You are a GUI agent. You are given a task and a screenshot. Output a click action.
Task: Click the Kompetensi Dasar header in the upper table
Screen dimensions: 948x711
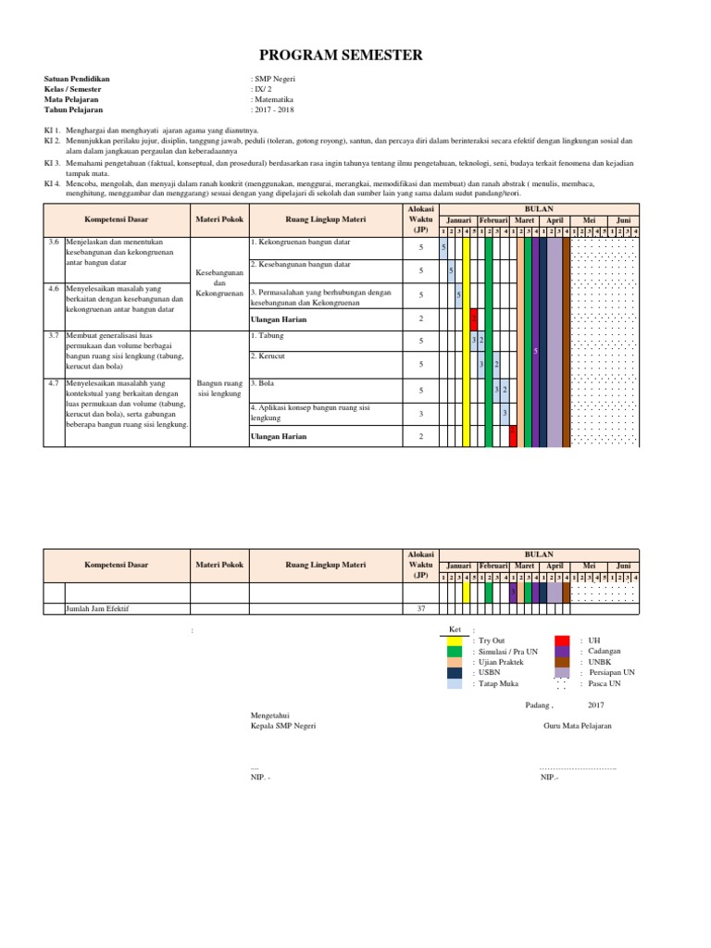point(116,219)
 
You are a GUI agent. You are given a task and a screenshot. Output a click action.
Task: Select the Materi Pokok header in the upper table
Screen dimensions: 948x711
point(219,219)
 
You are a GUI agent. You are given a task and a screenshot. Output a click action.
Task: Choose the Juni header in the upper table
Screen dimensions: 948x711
point(623,220)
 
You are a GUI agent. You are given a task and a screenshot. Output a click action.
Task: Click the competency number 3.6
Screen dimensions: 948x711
point(54,241)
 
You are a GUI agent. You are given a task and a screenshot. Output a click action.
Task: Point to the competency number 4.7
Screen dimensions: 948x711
point(54,381)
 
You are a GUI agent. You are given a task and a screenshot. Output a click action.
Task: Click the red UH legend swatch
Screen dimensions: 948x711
point(562,640)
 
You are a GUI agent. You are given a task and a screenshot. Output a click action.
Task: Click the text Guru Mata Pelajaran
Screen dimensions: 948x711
point(577,726)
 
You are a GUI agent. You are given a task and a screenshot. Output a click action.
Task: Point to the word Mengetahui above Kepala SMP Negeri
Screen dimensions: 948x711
point(271,715)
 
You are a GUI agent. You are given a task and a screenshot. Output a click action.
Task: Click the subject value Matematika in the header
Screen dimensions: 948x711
point(274,98)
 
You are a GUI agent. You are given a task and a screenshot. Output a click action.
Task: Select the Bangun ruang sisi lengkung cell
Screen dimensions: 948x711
point(219,388)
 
